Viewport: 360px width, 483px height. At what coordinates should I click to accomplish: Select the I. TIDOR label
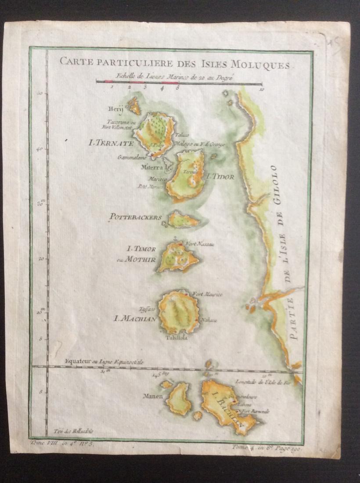[220, 177]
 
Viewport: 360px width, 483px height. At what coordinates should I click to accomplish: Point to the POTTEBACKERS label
[136, 217]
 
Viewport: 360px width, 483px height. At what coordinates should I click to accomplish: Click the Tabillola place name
[176, 338]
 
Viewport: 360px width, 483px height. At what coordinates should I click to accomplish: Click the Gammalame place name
[130, 157]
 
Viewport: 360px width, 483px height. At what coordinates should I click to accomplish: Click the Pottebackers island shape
[182, 220]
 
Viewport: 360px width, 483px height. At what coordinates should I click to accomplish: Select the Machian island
[179, 312]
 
